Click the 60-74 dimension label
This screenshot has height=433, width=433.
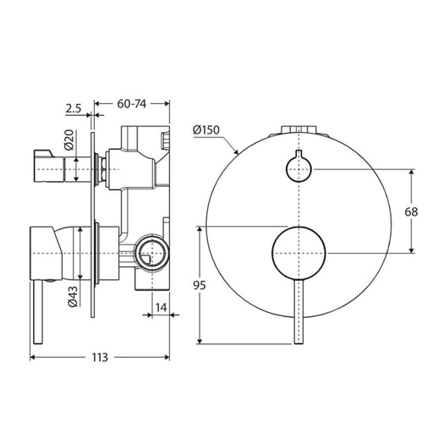tap(132, 104)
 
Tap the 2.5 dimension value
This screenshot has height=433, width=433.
tap(74, 108)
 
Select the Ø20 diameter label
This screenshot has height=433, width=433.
tap(69, 140)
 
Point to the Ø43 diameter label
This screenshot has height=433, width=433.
tap(73, 297)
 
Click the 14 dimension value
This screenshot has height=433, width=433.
tap(162, 308)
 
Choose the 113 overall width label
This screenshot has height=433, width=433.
tap(100, 358)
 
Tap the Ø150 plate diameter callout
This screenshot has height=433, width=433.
tap(206, 130)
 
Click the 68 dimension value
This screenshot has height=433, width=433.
tap(411, 211)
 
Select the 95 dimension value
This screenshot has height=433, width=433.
tap(200, 285)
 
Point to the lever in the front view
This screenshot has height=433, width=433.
tap(299, 312)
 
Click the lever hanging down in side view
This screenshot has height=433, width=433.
tap(38, 312)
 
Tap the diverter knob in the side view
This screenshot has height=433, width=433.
tap(49, 166)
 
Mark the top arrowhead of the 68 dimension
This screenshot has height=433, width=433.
tap(412, 172)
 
